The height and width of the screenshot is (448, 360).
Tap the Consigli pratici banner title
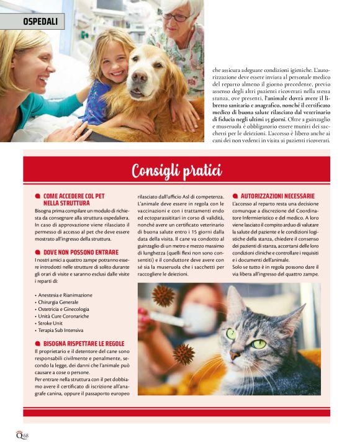coord(177,169)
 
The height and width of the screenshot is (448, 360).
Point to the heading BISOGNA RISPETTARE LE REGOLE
coord(84,343)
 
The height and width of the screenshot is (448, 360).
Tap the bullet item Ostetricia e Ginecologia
coord(65,309)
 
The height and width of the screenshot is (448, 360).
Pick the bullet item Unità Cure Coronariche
coord(65,316)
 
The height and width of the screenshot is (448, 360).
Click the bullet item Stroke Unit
coord(52,323)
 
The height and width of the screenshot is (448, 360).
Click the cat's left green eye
coord(232,334)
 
